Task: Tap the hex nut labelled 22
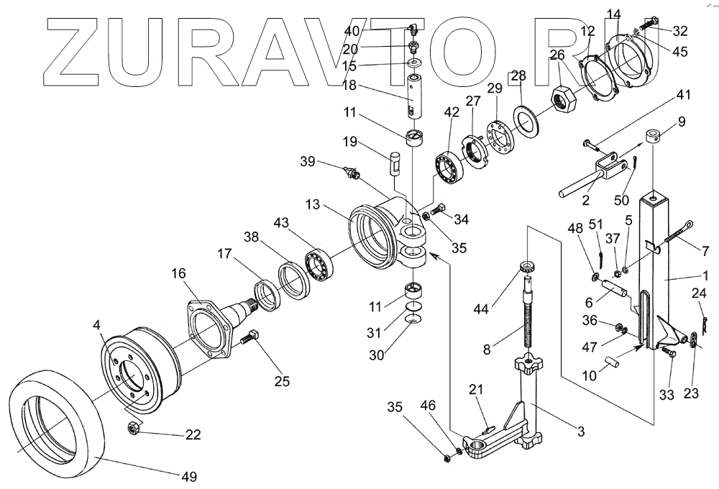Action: pyautogui.click(x=133, y=429)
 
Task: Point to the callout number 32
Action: pyautogui.click(x=679, y=31)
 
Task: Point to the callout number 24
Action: pyautogui.click(x=698, y=293)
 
